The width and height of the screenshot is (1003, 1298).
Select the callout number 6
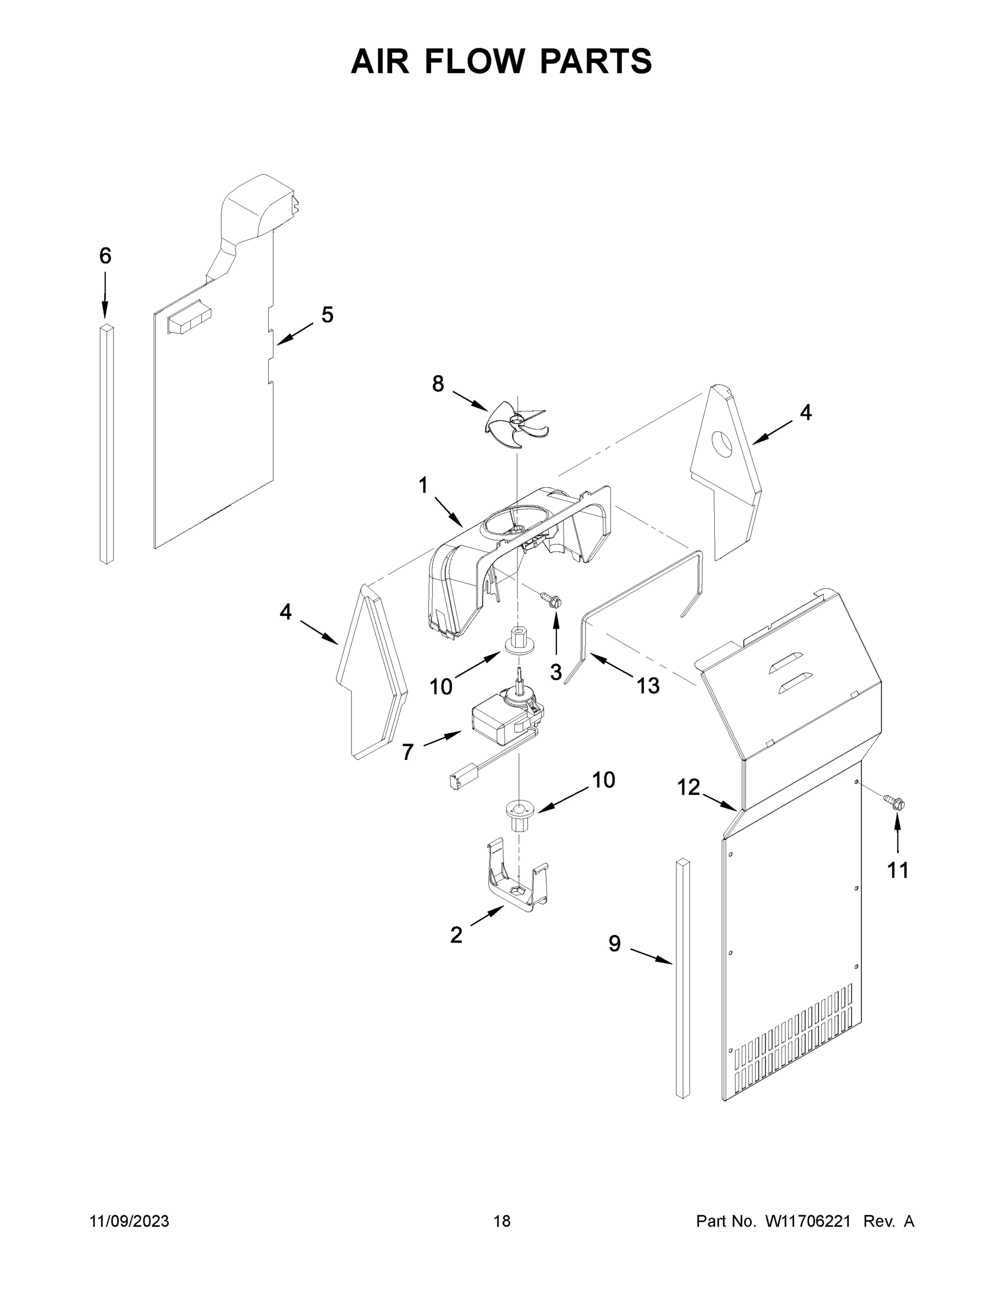pyautogui.click(x=105, y=256)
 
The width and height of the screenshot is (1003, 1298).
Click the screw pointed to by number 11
pyautogui.click(x=896, y=804)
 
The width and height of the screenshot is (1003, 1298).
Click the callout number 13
pyautogui.click(x=648, y=686)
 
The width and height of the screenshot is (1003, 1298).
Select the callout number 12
pyautogui.click(x=689, y=787)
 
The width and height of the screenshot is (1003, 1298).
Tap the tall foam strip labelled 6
pyautogui.click(x=107, y=445)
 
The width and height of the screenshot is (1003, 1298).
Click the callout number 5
pyautogui.click(x=328, y=315)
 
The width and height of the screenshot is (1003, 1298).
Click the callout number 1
pyautogui.click(x=423, y=486)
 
